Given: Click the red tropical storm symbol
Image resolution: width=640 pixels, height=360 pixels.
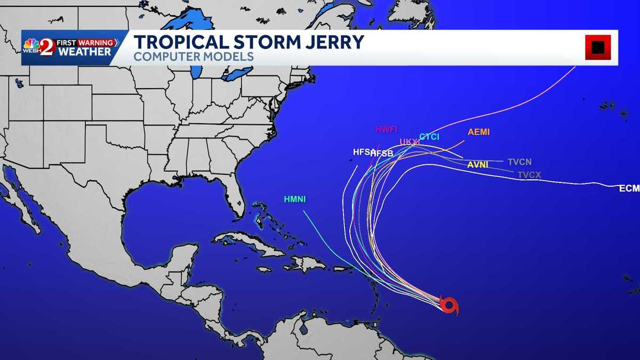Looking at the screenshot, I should click(x=449, y=306).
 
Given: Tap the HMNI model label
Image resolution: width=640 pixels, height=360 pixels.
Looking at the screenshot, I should click(x=295, y=199).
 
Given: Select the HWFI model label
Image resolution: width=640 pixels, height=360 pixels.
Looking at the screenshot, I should click(x=386, y=129).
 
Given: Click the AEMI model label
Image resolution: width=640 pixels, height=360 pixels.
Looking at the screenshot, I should click(x=478, y=132).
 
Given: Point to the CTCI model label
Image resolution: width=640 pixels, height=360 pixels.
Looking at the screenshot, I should click(x=429, y=137).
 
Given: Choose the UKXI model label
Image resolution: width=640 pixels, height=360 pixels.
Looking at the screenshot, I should click(x=410, y=141).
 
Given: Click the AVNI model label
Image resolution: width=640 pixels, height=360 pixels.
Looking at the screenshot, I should click(x=477, y=164).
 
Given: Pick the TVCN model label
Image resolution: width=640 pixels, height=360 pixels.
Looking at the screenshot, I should click(x=519, y=162).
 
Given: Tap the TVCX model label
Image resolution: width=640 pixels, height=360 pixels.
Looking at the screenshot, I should click(x=529, y=174).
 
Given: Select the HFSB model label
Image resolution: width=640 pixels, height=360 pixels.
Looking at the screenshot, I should click(x=382, y=153).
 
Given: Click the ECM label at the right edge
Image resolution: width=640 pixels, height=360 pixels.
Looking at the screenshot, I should click(x=629, y=188).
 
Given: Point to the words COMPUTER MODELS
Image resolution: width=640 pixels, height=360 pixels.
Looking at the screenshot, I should click(x=193, y=56).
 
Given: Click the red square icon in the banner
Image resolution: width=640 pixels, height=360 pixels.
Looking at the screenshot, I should click(x=598, y=47).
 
